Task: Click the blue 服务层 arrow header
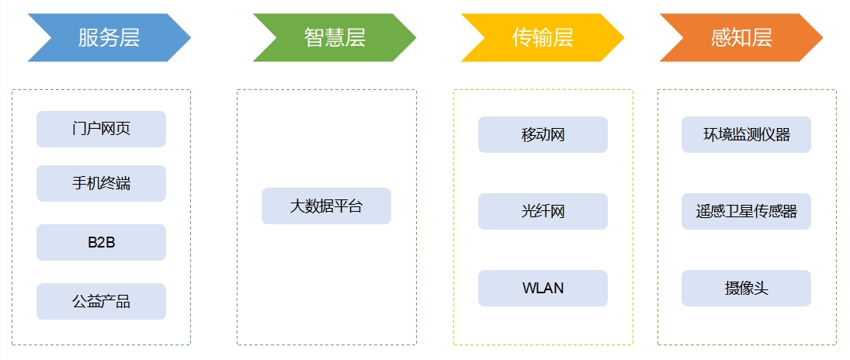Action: coord(109,37)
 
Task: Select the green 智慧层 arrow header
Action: coord(334,37)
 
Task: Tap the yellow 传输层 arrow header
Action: coord(542,37)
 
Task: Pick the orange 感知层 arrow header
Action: coord(741,37)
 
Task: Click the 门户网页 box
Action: coord(101,129)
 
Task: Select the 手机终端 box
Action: coord(101,183)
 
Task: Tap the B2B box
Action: coord(101,242)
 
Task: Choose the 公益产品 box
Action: coord(101,301)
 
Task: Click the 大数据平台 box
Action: coord(326,206)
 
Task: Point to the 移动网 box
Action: coord(543,134)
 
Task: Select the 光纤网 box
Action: coord(543,211)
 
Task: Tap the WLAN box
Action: coord(543,288)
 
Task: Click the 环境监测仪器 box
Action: coord(746,134)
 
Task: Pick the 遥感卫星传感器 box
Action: coord(746,211)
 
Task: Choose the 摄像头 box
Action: coord(746,288)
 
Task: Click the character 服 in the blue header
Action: coord(88,37)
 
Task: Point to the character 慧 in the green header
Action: coord(334,37)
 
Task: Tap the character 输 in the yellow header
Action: coord(542,37)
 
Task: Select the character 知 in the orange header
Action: coord(741,37)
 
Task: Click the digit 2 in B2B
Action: coord(101,242)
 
